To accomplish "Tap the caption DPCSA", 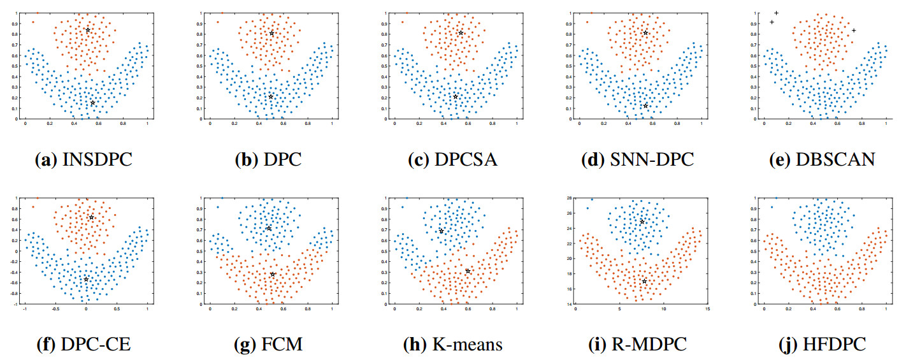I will click(x=452, y=159).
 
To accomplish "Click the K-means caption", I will click(x=452, y=345).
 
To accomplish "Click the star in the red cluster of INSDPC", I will click(x=88, y=30).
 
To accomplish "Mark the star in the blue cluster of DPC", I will click(x=271, y=97).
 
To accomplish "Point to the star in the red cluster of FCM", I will click(x=273, y=275).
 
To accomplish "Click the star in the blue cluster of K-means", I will click(x=441, y=231).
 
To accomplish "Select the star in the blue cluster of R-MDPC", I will click(x=642, y=222).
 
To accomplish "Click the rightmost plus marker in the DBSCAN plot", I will click(x=854, y=31).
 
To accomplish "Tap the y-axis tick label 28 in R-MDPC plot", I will click(x=570, y=198).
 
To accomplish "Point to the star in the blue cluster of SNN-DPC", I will click(x=645, y=106).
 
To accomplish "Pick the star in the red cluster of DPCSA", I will click(x=461, y=32).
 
